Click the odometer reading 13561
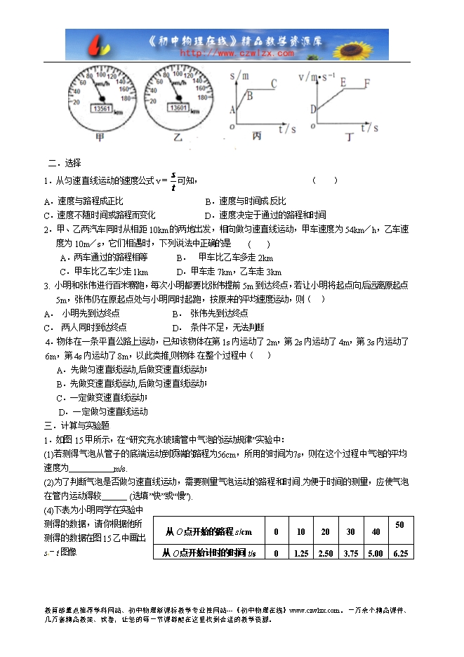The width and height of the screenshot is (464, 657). click(102, 109)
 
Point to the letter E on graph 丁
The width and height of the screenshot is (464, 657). click(344, 81)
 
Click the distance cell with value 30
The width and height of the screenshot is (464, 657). click(350, 531)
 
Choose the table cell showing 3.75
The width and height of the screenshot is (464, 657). click(350, 553)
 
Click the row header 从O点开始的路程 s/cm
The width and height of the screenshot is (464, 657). click(207, 531)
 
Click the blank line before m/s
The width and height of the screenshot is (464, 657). click(90, 468)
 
